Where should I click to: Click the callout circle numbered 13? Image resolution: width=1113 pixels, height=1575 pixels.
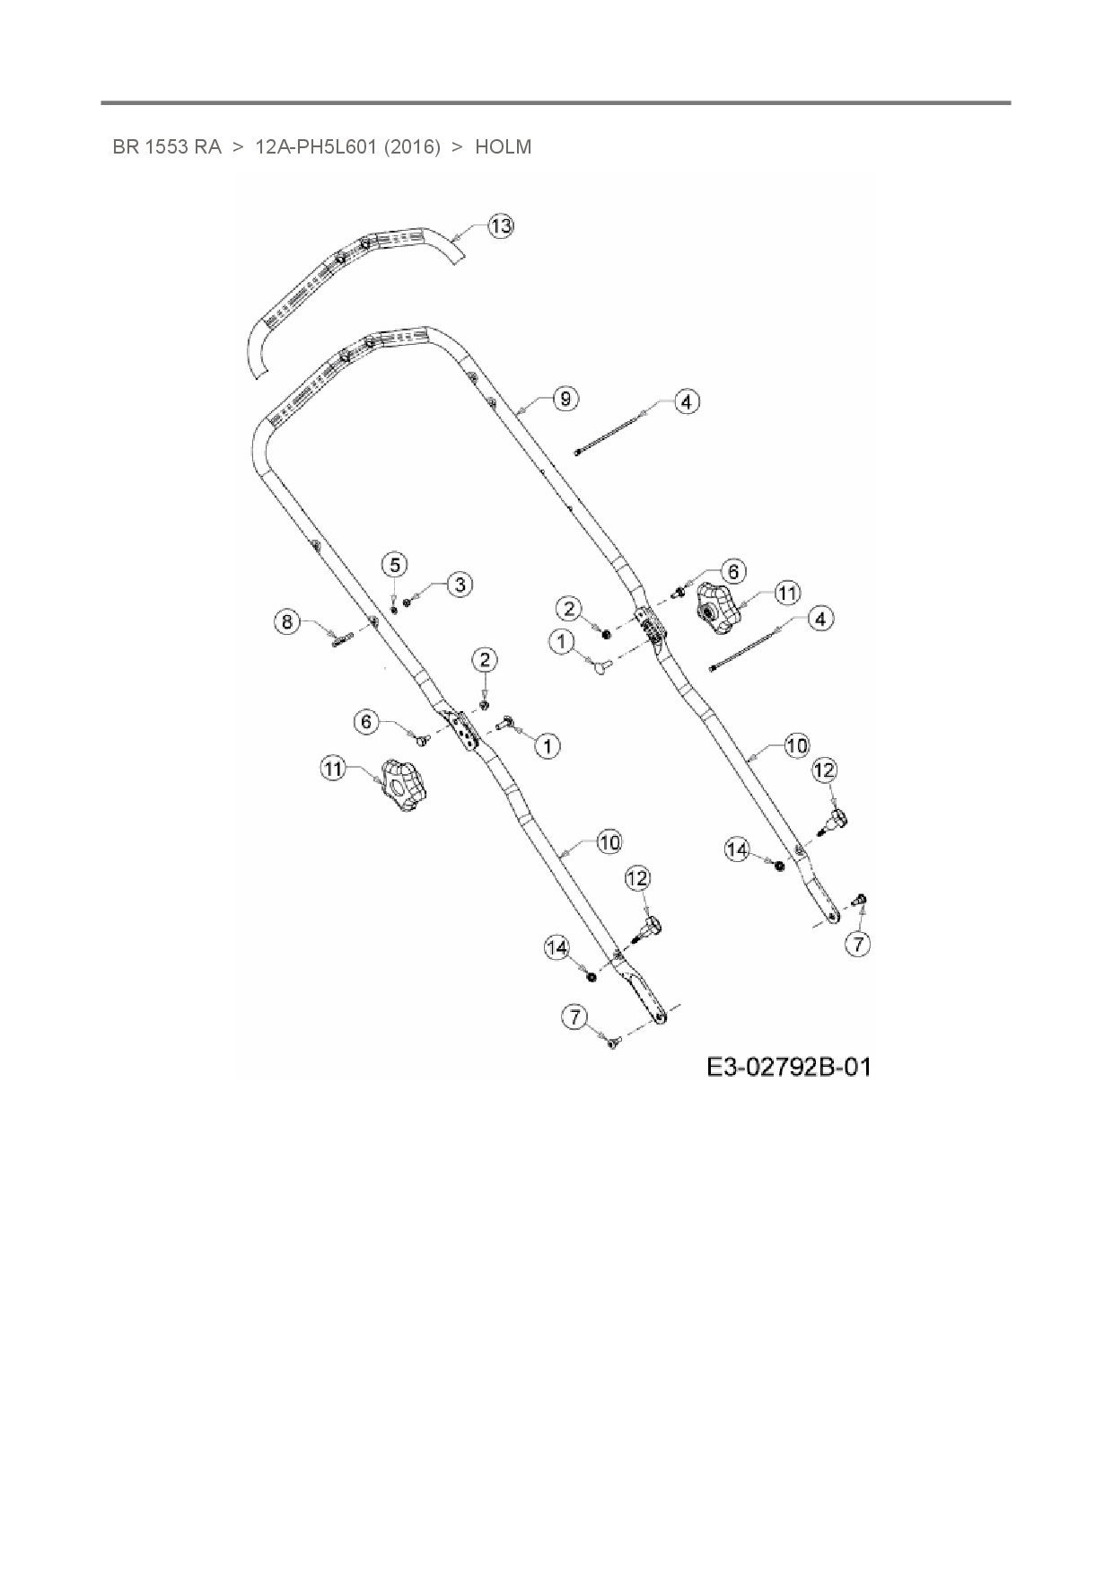(501, 226)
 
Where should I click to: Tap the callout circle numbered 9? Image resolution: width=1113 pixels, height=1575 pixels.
(565, 398)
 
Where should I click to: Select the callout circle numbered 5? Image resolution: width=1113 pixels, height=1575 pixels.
(394, 564)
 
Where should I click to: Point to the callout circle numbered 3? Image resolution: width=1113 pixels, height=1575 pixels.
(459, 585)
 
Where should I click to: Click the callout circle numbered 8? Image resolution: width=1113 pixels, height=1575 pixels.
(287, 621)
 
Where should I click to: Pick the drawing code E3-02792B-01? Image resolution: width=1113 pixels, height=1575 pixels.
(788, 1067)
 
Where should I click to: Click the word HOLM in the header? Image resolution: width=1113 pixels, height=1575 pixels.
(503, 146)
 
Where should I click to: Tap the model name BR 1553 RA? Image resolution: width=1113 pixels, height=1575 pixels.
(167, 146)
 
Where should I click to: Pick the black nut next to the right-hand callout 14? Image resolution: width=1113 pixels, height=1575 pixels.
(779, 865)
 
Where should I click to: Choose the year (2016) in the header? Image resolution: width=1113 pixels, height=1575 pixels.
(412, 146)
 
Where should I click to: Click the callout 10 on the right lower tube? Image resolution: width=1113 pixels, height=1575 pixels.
(796, 745)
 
